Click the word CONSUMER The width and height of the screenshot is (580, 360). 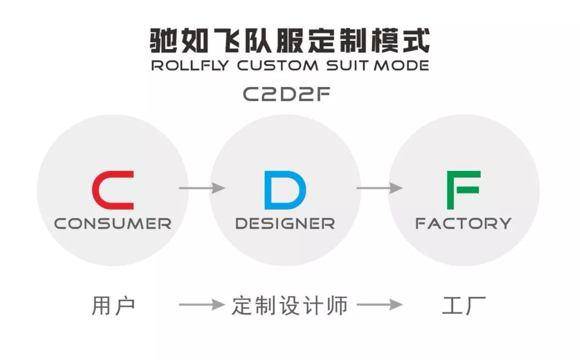(x=113, y=224)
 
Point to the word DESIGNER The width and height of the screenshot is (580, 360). (x=285, y=224)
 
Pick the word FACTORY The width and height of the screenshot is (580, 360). (x=463, y=224)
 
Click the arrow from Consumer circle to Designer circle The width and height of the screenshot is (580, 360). (x=201, y=188)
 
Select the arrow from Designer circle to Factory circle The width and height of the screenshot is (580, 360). (x=379, y=188)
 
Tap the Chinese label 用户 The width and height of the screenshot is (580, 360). (x=113, y=306)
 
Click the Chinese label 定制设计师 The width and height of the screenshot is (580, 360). (x=290, y=306)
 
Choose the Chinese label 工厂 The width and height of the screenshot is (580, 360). (x=464, y=306)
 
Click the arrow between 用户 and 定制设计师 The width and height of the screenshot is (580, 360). (x=201, y=305)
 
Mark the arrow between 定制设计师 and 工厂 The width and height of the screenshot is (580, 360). (x=379, y=305)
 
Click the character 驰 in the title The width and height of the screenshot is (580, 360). (x=163, y=40)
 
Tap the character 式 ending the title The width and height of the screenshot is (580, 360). (x=416, y=40)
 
